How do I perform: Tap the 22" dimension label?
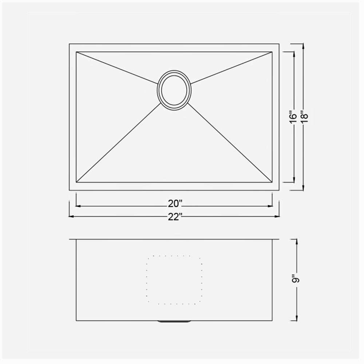[174, 217]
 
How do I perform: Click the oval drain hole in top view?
[174, 89]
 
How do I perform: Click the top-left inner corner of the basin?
[76, 52]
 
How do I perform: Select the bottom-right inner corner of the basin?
[272, 182]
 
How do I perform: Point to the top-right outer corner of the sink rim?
[279, 44]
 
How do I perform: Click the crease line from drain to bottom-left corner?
[118, 143]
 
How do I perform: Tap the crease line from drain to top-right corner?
[231, 67]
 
